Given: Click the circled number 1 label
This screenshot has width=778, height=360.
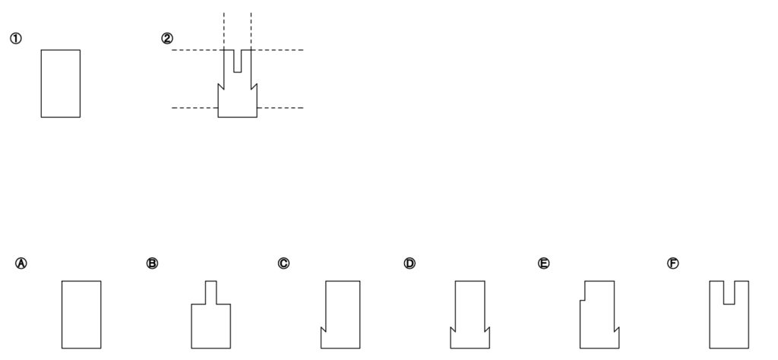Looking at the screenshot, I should (x=14, y=39).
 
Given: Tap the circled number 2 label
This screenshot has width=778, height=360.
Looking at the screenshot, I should (x=167, y=39).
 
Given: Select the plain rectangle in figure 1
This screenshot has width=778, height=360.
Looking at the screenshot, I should (x=60, y=84).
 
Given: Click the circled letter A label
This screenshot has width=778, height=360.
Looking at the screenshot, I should (x=21, y=264).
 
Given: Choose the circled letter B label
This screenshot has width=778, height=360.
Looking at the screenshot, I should (x=152, y=264).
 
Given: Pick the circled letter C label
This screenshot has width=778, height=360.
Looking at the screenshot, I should (x=283, y=264).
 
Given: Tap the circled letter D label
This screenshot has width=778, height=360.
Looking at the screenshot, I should (x=410, y=264).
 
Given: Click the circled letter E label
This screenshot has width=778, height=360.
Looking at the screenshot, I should (x=543, y=264).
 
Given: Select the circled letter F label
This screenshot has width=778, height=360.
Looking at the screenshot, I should (x=672, y=264).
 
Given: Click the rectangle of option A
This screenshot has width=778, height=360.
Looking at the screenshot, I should (x=81, y=314).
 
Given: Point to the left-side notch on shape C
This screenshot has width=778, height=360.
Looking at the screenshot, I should (x=323, y=330).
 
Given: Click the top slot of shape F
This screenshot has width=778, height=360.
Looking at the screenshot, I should (x=729, y=292).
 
